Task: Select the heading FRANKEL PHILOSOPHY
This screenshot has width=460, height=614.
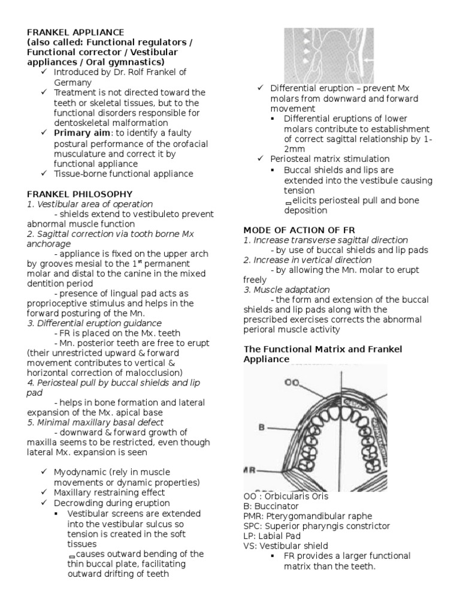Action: click(80, 194)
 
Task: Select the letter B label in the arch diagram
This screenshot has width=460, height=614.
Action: click(262, 428)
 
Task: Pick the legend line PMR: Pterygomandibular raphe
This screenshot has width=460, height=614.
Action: click(307, 516)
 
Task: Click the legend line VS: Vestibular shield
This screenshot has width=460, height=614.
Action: click(286, 546)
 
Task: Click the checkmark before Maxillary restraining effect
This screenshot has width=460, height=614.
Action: click(46, 493)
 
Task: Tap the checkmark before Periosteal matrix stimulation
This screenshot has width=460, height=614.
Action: click(261, 159)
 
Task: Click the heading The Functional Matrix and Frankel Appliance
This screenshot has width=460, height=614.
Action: click(322, 354)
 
